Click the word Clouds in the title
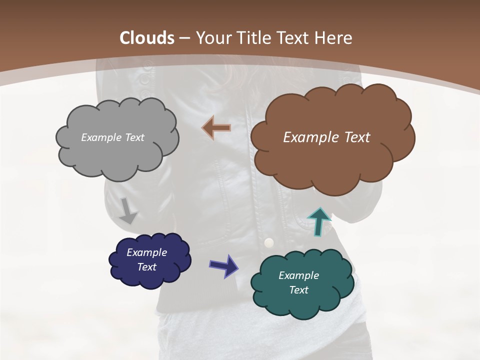(147, 38)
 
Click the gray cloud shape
(117, 155)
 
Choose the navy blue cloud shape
(150, 277)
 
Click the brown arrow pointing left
(216, 128)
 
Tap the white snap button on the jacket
(269, 242)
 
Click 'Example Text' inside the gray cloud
(112, 137)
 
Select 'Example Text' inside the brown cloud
(326, 137)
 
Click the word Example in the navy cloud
(146, 252)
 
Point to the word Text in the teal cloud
(298, 290)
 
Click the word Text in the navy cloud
(146, 267)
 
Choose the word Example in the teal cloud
(298, 275)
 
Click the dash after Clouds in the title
(184, 38)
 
